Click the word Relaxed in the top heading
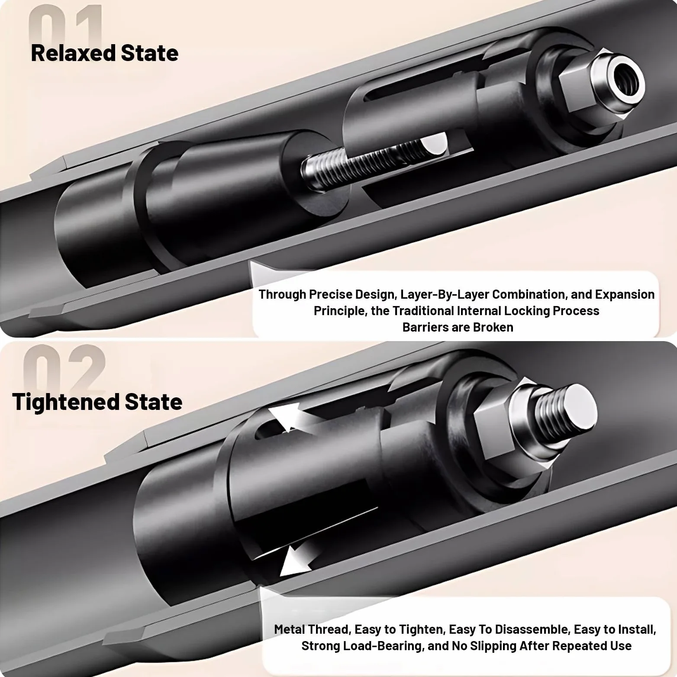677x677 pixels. [x=73, y=53]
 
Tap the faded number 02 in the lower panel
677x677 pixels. [x=64, y=368]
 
